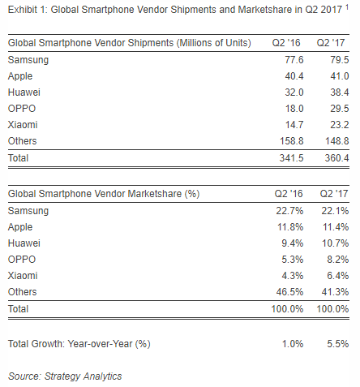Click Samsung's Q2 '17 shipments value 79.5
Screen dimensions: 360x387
click(340, 60)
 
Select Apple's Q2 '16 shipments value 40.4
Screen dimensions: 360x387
click(294, 76)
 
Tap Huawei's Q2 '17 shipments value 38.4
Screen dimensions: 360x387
click(340, 92)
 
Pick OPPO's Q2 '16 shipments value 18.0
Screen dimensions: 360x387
click(294, 109)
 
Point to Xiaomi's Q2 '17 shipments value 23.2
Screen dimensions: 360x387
click(340, 125)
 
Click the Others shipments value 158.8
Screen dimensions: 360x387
click(292, 141)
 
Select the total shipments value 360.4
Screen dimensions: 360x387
click(336, 158)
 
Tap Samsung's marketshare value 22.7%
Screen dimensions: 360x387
click(289, 211)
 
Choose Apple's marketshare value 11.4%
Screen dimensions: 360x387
click(336, 227)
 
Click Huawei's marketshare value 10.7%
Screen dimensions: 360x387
click(335, 243)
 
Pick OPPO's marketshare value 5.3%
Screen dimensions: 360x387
click(293, 260)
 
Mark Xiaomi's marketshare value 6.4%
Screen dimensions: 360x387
click(338, 276)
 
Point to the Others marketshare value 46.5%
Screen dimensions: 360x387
click(289, 292)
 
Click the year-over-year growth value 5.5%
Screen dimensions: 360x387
click(338, 344)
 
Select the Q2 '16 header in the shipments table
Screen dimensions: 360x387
click(286, 43)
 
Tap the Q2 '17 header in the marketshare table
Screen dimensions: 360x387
click(334, 194)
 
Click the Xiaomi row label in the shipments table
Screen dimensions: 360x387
click(23, 125)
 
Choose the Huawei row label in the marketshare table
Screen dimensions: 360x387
click(24, 243)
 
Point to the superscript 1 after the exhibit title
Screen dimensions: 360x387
click(347, 7)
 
